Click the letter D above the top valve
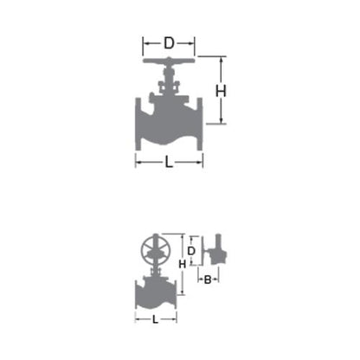coord(169,43)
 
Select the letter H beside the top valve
coord(221,91)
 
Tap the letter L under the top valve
coord(169,162)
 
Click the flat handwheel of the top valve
coord(169,61)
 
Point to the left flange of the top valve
coord(138,124)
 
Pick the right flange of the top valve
coord(200,124)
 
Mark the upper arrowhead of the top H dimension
coord(222,60)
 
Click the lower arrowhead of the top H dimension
coord(222,121)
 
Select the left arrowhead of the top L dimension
coord(138,163)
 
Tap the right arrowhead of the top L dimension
coord(200,163)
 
